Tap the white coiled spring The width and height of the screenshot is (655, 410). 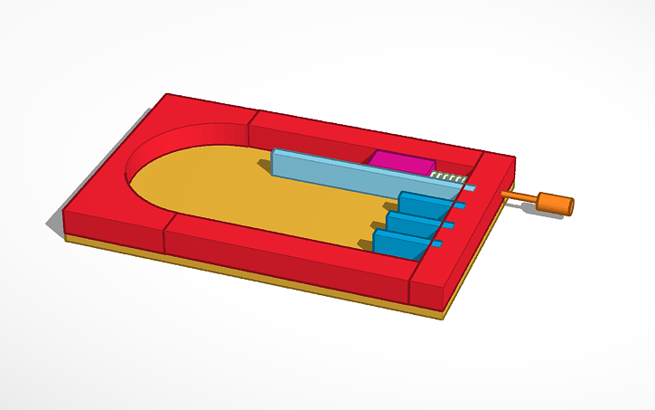[x=446, y=176]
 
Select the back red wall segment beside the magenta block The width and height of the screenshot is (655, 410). [x=361, y=136]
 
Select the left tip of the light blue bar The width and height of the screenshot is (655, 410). [x=275, y=160]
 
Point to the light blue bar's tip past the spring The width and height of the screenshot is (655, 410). [x=471, y=187]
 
